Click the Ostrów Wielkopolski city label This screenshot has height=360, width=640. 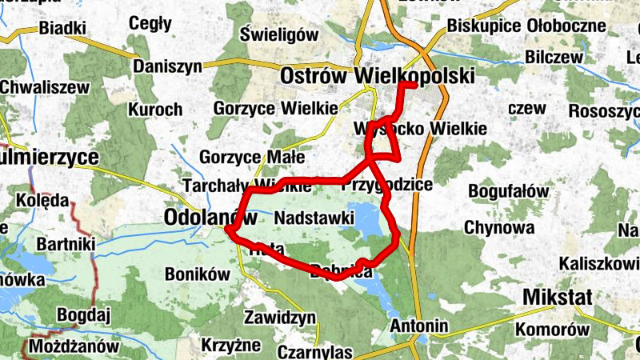click(377, 76)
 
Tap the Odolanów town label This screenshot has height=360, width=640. click(210, 217)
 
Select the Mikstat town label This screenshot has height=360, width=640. click(557, 298)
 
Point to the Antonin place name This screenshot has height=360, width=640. click(418, 326)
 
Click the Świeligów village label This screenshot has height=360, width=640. click(279, 34)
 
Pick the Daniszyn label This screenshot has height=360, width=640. click(168, 67)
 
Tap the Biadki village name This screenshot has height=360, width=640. click(62, 29)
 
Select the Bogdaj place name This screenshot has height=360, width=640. click(82, 315)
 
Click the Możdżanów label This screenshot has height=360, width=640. click(74, 347)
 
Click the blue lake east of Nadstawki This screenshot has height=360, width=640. click(365, 220)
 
